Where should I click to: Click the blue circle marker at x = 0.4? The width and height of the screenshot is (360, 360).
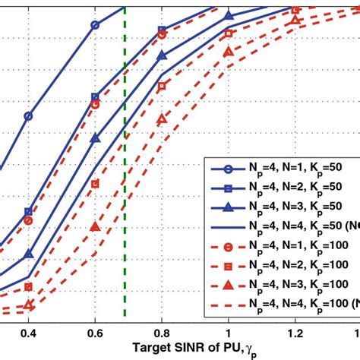28,116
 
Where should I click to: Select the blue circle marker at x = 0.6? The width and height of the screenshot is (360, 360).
95,25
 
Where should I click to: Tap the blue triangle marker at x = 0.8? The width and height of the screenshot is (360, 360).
162,55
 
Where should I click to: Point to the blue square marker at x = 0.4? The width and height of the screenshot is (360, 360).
28,213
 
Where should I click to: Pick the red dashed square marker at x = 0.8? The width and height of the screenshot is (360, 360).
162,86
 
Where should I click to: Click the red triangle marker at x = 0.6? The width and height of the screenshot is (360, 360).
95,226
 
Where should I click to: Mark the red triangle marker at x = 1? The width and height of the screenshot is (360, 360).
229,52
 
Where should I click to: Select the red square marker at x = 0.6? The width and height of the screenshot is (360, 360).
95,184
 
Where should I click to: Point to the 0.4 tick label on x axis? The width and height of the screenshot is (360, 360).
28,333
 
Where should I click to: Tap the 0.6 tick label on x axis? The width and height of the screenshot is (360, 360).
95,333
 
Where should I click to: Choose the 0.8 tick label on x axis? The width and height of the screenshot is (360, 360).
162,333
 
